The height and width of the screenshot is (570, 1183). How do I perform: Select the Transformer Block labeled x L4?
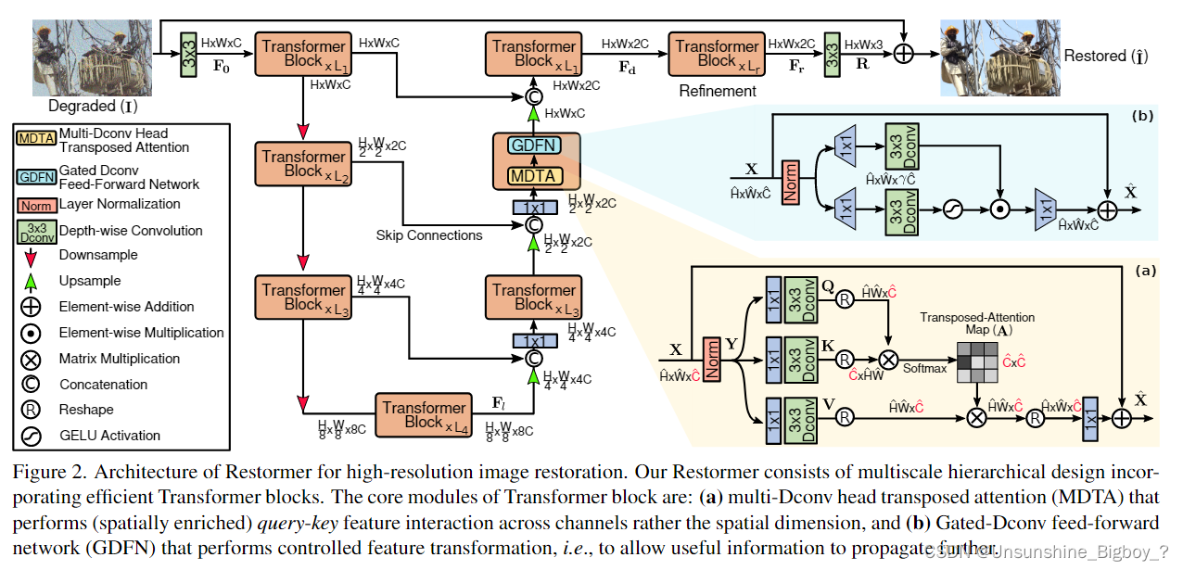coord(424,415)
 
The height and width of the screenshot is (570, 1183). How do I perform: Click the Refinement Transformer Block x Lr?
coord(717,53)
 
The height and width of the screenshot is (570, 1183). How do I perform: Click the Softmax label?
coord(925,368)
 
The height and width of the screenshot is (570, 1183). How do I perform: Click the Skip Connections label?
coord(429,235)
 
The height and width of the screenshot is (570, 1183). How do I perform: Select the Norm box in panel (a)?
coord(712,358)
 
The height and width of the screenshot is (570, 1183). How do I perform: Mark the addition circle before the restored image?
coord(901,54)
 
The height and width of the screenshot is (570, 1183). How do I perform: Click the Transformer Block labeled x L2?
coord(302,164)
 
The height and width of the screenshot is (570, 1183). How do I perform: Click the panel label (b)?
coord(1143,117)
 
